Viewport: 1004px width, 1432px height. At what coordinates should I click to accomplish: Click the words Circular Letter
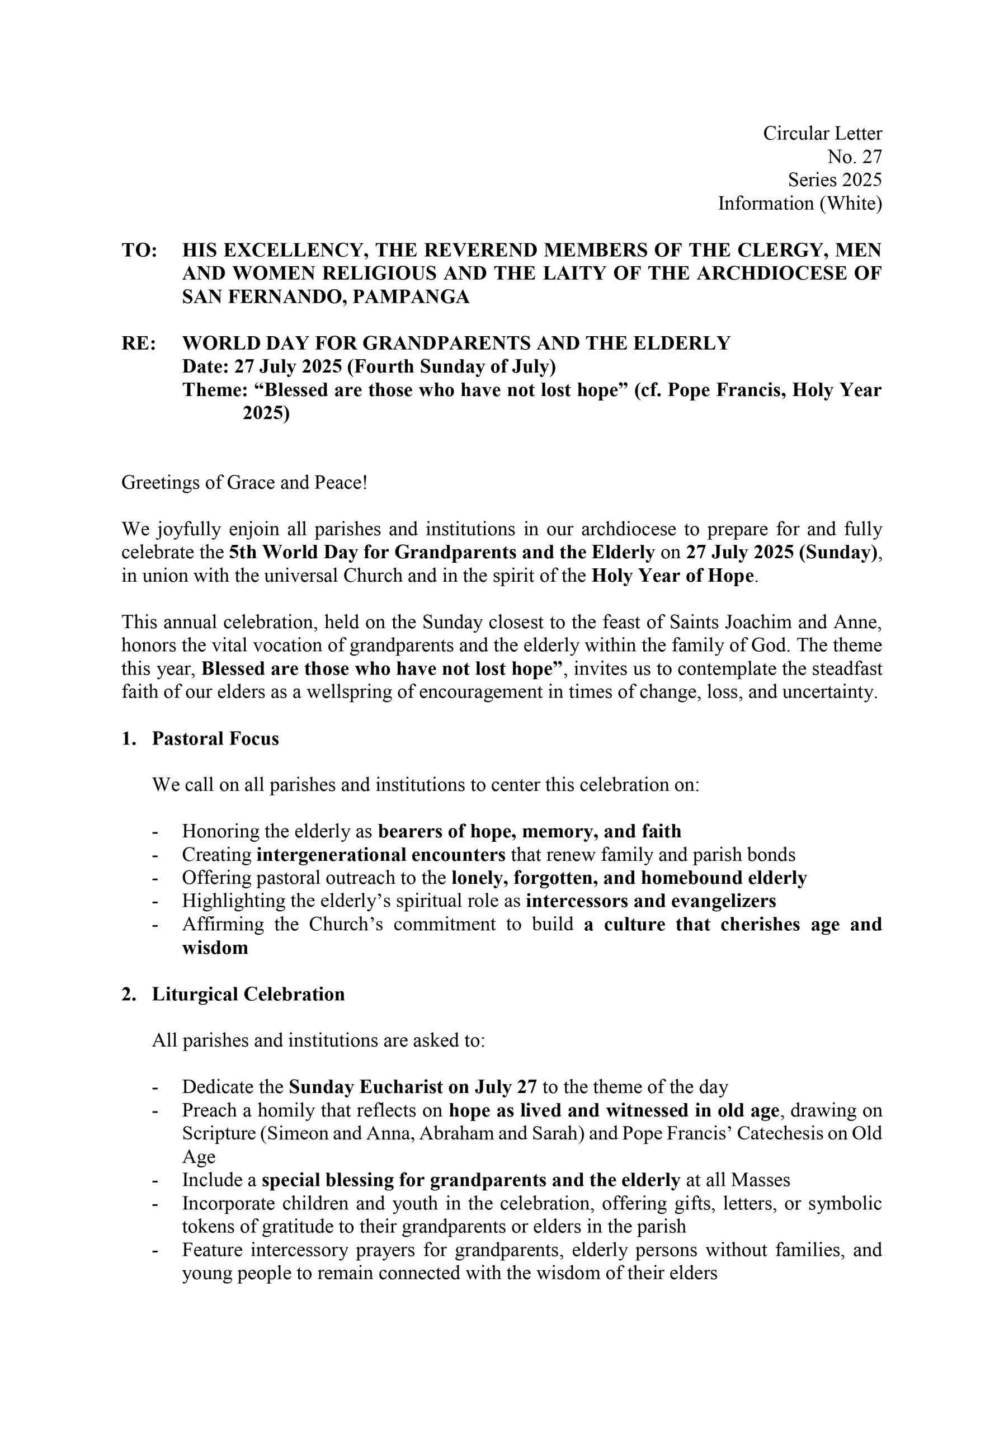coord(822,134)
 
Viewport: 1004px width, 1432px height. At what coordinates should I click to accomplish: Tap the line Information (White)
coord(799,203)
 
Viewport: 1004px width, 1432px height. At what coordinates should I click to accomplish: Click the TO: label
coord(139,250)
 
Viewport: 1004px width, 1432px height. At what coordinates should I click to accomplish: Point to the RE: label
coord(139,343)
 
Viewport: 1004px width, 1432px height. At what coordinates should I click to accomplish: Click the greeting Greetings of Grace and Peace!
coord(244,482)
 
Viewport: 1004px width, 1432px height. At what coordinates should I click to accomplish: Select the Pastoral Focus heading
coord(215,738)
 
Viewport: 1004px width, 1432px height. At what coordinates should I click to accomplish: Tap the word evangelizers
coord(723,901)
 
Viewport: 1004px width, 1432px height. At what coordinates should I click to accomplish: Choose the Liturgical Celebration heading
coord(248,994)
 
